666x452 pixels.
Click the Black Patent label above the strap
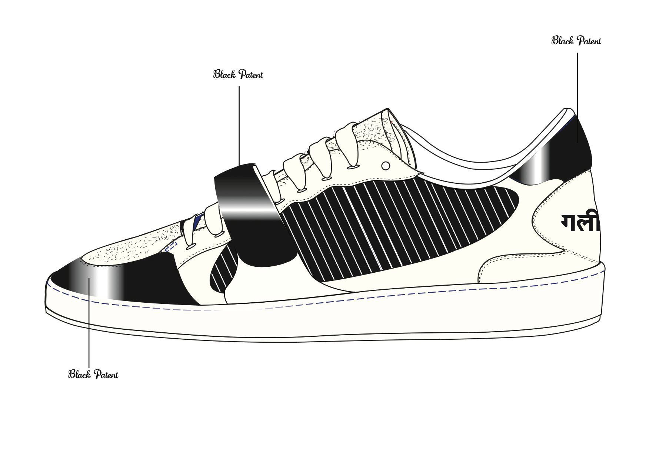(238, 74)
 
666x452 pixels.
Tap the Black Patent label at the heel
(576, 41)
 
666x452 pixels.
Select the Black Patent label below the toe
(93, 374)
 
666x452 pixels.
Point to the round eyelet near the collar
(386, 166)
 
